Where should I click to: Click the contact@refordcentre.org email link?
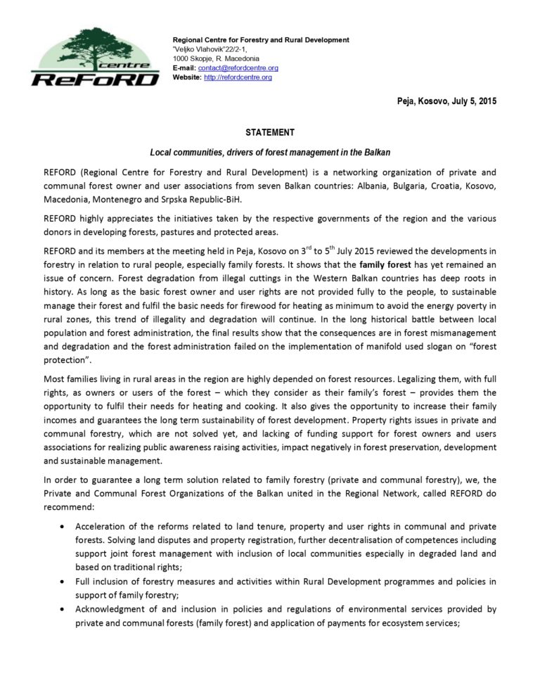pyautogui.click(x=239, y=68)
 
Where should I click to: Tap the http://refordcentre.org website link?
pyautogui.click(x=238, y=77)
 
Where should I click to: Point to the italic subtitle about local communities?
pyautogui.click(x=270, y=152)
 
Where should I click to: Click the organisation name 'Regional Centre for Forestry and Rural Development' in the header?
pyautogui.click(x=261, y=39)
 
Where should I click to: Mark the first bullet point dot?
pyautogui.click(x=65, y=527)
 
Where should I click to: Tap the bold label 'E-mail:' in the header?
pyautogui.click(x=185, y=68)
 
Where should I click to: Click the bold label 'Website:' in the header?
pyautogui.click(x=187, y=77)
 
